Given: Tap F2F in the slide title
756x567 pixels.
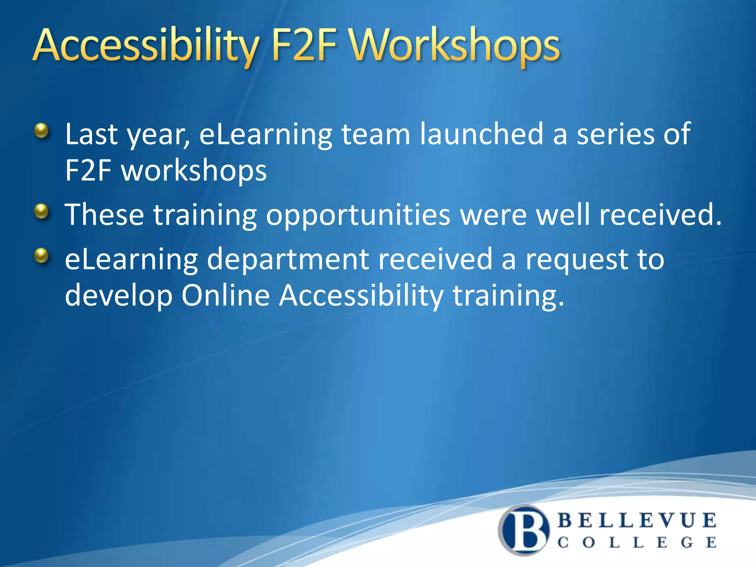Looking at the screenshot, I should click(305, 46).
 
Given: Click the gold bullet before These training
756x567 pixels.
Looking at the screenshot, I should click(42, 211).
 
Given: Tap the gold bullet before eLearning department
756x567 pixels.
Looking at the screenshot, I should click(42, 255).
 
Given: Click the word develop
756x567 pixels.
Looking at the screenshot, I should click(118, 296).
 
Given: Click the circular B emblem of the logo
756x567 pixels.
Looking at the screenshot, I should click(524, 530).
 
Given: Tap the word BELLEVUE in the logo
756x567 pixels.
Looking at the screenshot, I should click(637, 520).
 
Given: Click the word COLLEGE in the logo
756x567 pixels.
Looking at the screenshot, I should click(637, 543).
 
